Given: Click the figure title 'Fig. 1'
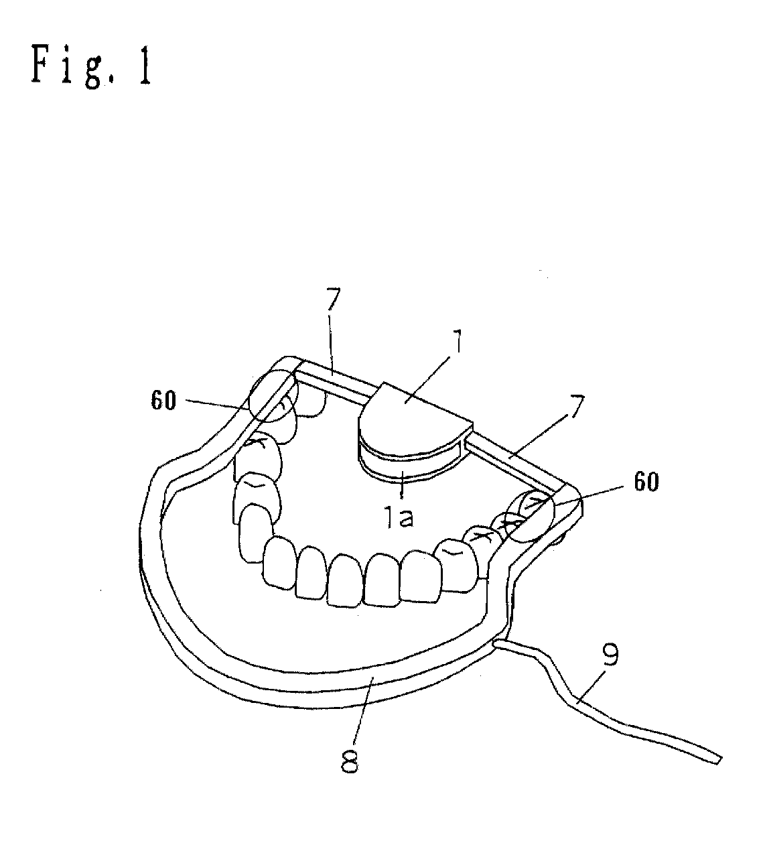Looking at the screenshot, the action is click(91, 65).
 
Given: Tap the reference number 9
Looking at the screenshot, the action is click(610, 655).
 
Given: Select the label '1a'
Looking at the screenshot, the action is click(399, 518).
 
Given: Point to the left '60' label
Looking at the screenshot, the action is click(163, 401).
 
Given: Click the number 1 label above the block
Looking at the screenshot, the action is click(458, 342).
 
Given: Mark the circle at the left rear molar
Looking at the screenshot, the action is click(273, 396).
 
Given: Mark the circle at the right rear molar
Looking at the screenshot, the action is click(531, 517).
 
